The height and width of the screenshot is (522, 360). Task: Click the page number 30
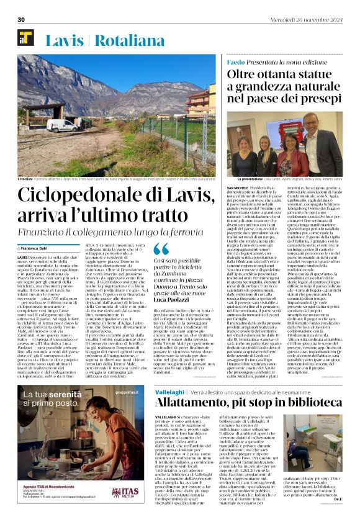point(21,20)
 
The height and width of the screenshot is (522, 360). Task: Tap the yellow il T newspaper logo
point(25,39)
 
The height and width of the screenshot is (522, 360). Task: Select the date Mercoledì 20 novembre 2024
point(313,20)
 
